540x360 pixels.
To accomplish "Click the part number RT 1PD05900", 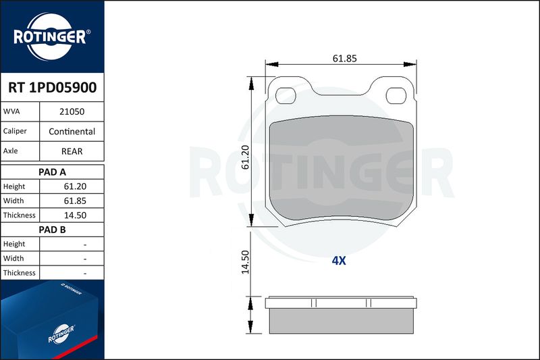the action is click(x=53, y=88).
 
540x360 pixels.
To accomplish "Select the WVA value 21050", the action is click(x=72, y=111).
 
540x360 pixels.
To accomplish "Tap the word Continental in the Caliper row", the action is click(x=72, y=132).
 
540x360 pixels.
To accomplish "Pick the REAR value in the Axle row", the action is click(x=72, y=151).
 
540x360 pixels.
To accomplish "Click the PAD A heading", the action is click(x=52, y=172).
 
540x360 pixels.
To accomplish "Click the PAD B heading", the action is click(x=52, y=230).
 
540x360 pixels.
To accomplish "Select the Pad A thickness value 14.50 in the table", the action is click(x=75, y=215).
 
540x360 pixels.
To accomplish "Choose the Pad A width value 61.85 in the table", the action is click(x=75, y=201).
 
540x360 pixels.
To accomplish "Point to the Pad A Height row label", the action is click(x=14, y=186).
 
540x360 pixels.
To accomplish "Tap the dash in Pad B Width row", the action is click(x=85, y=259).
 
